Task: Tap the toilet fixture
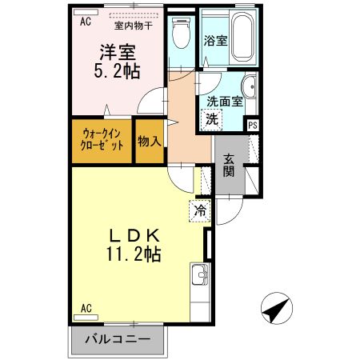pos(181,34)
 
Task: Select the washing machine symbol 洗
pos(212,119)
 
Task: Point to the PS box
pos(253,124)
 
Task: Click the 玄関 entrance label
pos(229,164)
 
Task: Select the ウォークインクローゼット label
pos(102,141)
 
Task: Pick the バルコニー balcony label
pos(117,340)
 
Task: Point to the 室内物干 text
pos(138,24)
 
